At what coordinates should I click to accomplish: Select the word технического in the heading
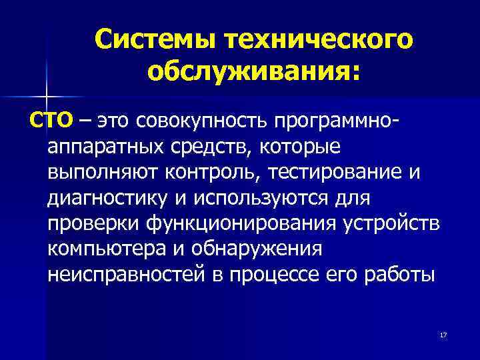[x=318, y=41]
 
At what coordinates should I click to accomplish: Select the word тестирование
[x=333, y=172]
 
